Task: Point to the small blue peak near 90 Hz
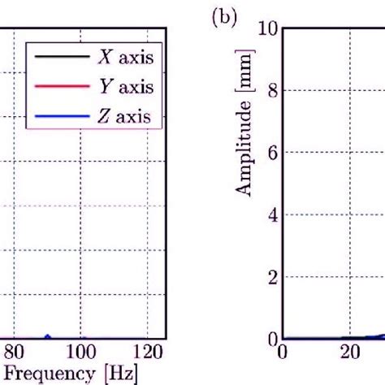47,335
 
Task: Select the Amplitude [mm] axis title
241,122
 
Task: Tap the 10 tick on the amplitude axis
267,29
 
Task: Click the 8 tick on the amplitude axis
271,91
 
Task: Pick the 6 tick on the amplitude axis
271,153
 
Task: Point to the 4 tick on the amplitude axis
271,214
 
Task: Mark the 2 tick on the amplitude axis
271,277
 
